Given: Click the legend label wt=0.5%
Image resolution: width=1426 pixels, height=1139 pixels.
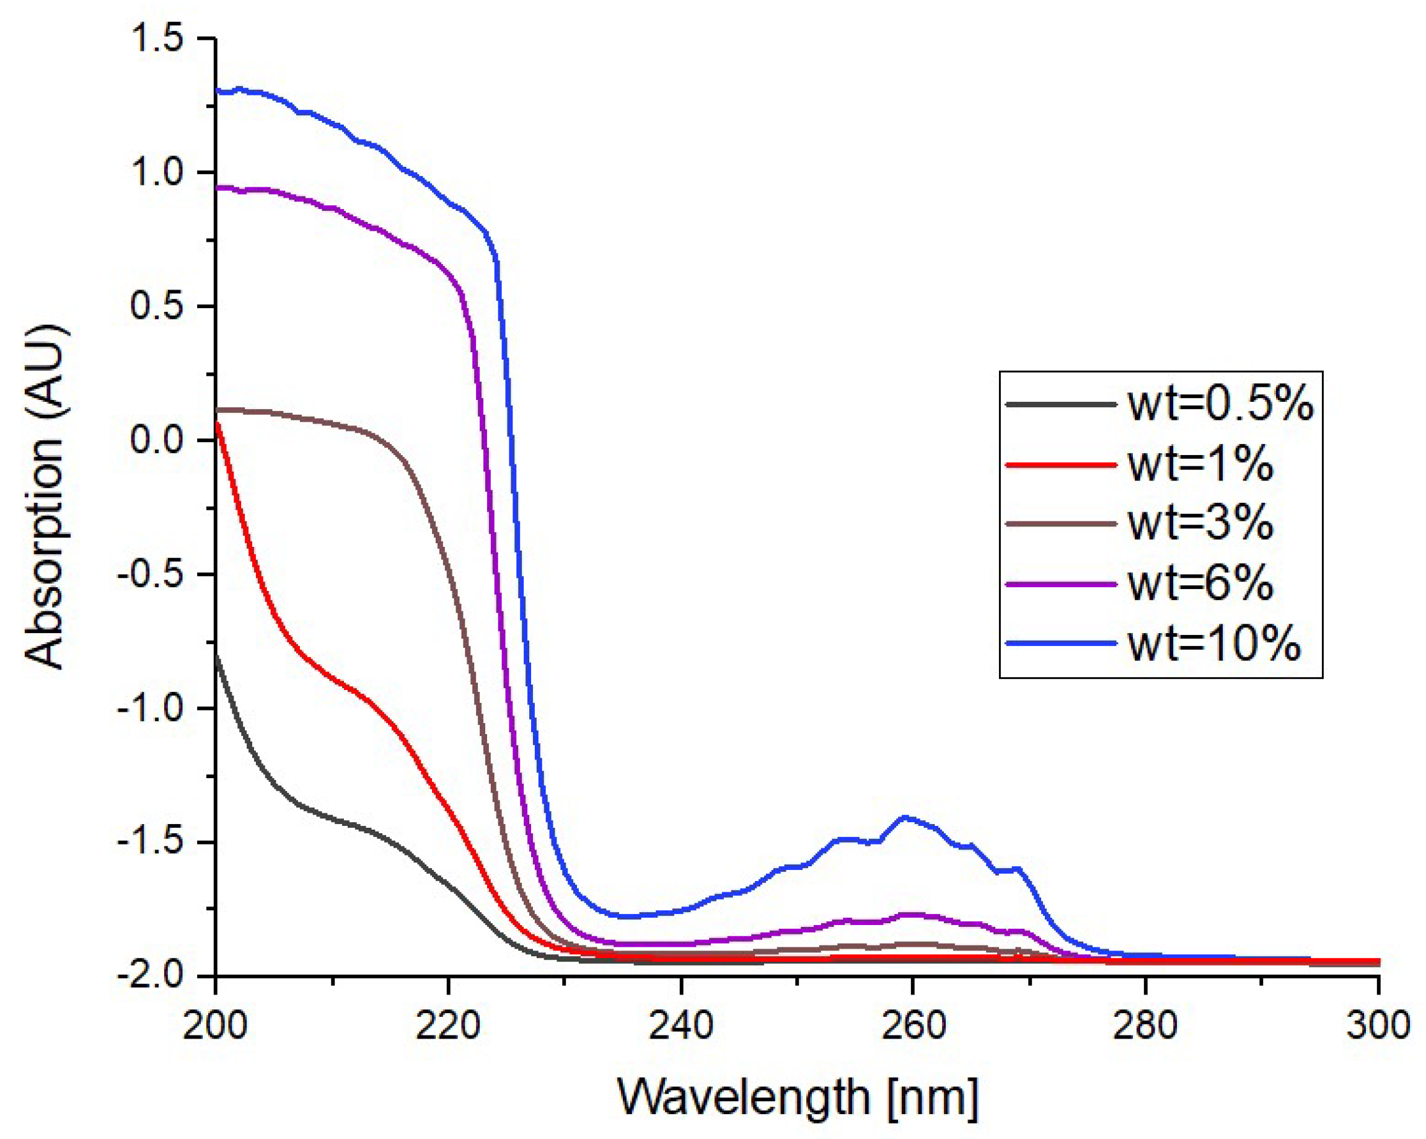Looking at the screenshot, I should click(1220, 404).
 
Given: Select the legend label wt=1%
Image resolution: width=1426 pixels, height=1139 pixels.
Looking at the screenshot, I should click(1200, 464).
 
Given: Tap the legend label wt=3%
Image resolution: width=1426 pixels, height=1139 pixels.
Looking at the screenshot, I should click(1200, 523).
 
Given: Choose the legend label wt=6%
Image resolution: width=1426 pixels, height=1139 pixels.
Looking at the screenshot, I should click(1200, 583).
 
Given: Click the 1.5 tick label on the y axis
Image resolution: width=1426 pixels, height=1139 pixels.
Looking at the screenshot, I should click(157, 38).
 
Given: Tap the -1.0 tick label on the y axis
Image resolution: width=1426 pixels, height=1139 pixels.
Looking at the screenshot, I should click(150, 708).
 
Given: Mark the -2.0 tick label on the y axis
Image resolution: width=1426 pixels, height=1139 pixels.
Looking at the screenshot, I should click(150, 975).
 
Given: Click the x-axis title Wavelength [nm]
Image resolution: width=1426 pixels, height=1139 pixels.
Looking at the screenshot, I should click(797, 1097).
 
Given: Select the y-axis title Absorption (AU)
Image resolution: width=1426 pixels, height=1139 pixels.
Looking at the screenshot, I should click(45, 497).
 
